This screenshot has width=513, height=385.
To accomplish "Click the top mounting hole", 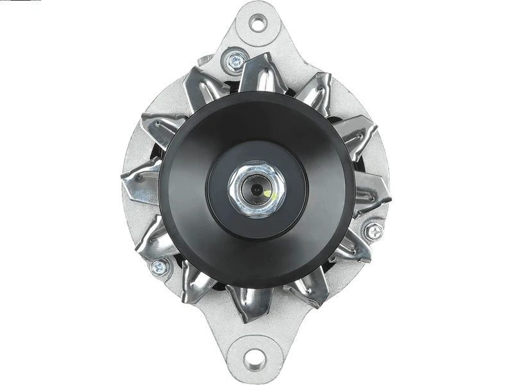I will (258, 25).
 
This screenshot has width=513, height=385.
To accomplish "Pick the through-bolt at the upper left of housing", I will (232, 62).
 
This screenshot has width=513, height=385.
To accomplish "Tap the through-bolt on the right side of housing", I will (372, 230).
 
